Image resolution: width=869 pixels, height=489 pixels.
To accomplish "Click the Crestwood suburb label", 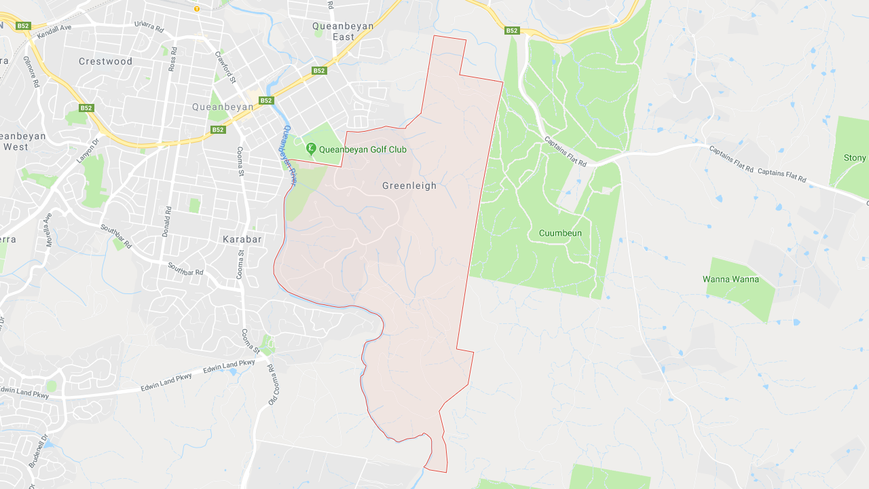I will pyautogui.click(x=105, y=61).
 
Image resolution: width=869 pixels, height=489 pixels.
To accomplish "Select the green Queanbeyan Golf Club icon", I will pyautogui.click(x=311, y=149).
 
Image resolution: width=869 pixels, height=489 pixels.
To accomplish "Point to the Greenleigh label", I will pyautogui.click(x=409, y=185).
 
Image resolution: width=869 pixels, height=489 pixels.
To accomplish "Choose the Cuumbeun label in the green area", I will pyautogui.click(x=560, y=233).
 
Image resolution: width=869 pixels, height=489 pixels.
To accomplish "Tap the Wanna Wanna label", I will pyautogui.click(x=731, y=279).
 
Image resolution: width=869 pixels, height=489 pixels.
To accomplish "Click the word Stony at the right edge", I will pyautogui.click(x=855, y=158).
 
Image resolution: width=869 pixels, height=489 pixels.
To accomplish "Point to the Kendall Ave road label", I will pyautogui.click(x=54, y=32).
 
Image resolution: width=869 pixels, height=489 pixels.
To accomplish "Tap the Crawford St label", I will pyautogui.click(x=225, y=67).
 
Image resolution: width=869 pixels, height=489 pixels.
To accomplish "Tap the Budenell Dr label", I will pyautogui.click(x=38, y=451).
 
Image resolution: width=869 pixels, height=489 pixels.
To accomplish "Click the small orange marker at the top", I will pyautogui.click(x=197, y=9).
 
